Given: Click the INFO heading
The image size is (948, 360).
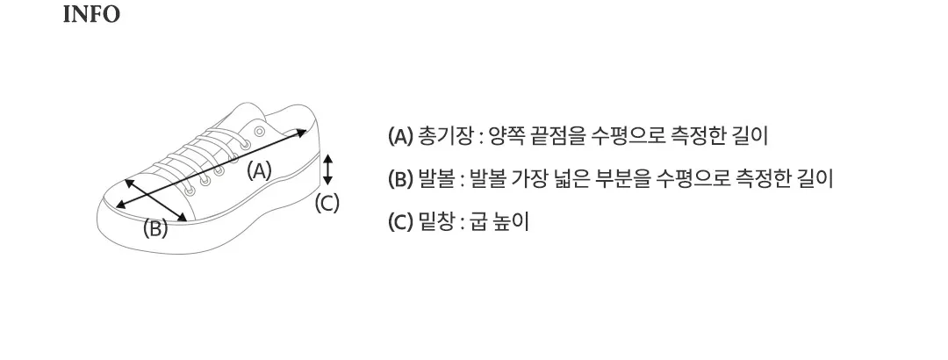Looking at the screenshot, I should [x=91, y=15].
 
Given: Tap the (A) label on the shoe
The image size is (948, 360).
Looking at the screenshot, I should [x=260, y=169].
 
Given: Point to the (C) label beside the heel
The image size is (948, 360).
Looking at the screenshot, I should [x=327, y=204].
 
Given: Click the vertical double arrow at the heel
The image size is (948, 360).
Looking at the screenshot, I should [x=327, y=169].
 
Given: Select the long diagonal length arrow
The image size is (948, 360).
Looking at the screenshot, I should [x=211, y=169].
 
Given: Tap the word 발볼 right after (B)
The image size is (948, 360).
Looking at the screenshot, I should [x=436, y=178].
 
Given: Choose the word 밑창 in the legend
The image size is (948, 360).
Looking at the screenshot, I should [x=436, y=221].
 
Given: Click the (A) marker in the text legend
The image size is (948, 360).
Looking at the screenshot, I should [x=399, y=136].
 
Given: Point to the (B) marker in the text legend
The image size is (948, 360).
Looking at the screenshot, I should [x=399, y=178].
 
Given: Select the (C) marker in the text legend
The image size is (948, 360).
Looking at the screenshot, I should [x=399, y=221].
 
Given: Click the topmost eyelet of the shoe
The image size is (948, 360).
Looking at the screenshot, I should [x=259, y=132].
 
